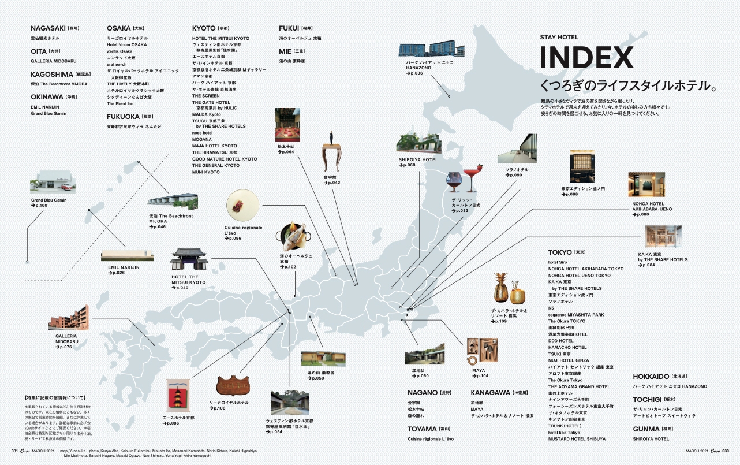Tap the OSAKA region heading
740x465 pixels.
click(119, 28)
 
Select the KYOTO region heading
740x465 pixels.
click(204, 28)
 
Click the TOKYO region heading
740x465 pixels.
click(560, 252)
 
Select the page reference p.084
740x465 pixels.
click(648, 265)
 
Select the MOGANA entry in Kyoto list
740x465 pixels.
click(202, 139)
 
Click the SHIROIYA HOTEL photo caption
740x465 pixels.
click(418, 159)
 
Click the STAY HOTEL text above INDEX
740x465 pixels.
click(559, 38)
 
